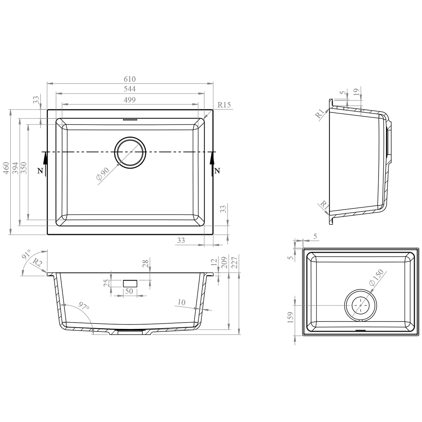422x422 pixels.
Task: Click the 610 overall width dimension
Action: tap(130, 79)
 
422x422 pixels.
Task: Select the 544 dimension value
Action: tap(130, 89)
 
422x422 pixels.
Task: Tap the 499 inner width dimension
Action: tap(130, 100)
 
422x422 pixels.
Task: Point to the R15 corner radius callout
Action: tap(224, 105)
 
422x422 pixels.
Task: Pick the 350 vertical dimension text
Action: tap(24, 168)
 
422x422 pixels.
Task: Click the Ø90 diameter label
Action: tap(102, 174)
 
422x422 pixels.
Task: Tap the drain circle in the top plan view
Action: tap(130, 153)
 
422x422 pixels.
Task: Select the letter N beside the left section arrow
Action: tap(40, 171)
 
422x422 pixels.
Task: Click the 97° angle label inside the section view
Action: tap(84, 306)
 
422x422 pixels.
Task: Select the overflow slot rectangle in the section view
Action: tap(130, 283)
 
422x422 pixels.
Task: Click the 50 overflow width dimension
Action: tap(129, 291)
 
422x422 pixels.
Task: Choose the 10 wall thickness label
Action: tap(181, 302)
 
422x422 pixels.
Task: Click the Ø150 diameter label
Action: tap(377, 278)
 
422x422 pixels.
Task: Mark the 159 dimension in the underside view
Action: tap(291, 317)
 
